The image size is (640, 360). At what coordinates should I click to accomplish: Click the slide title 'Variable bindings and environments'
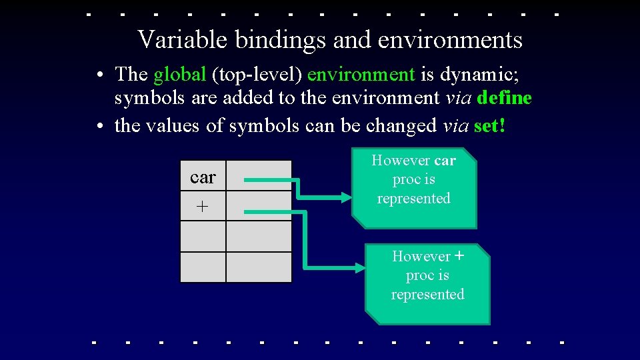[330, 40]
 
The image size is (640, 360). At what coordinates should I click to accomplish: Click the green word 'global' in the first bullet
[179, 73]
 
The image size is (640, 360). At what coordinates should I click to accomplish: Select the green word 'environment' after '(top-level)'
[361, 73]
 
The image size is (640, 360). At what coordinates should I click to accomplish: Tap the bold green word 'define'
[505, 99]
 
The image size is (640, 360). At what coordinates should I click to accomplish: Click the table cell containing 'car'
[203, 177]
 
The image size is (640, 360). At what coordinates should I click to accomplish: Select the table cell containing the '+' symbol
[203, 207]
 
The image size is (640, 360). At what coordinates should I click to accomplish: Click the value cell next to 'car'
[259, 177]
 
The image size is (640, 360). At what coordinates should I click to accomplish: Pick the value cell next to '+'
[259, 207]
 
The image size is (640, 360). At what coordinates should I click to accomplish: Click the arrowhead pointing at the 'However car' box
[345, 197]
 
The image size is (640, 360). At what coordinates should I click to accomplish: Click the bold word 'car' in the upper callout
[445, 161]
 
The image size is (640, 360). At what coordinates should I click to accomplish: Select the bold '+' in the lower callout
[459, 256]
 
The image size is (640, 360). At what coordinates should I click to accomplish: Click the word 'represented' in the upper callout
[413, 199]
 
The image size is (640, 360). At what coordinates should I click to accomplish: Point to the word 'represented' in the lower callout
[427, 295]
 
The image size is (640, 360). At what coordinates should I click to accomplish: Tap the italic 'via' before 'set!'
[456, 125]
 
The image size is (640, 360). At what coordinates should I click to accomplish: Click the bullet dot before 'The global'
[98, 74]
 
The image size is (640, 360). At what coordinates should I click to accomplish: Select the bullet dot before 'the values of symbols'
[98, 126]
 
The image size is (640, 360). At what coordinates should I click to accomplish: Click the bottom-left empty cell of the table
[203, 267]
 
